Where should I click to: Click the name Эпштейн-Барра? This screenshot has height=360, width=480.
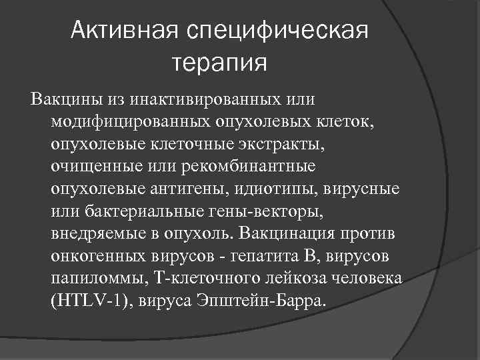271,301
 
